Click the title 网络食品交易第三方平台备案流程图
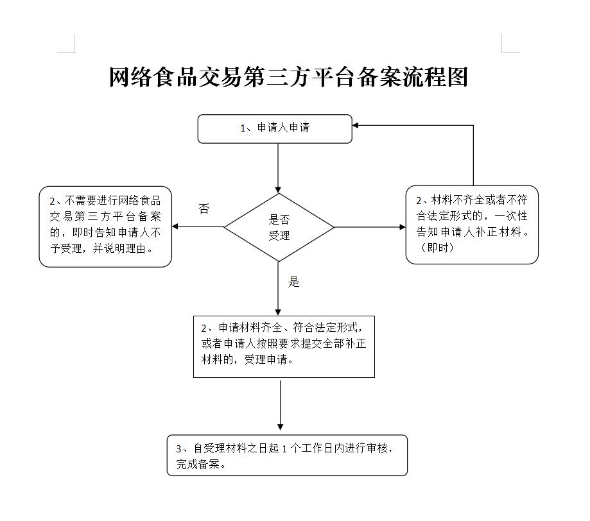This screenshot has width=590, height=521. pyautogui.click(x=289, y=77)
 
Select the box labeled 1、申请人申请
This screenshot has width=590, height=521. pyautogui.click(x=275, y=129)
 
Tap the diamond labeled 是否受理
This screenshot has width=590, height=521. pyautogui.click(x=279, y=227)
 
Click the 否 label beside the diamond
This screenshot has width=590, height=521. pyautogui.click(x=204, y=209)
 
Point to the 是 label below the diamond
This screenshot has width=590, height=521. pyautogui.click(x=293, y=282)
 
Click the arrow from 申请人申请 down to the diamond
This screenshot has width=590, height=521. pyautogui.click(x=278, y=168)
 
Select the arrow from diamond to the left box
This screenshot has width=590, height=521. pyautogui.click(x=198, y=226)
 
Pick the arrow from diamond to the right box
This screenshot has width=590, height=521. pyautogui.click(x=370, y=227)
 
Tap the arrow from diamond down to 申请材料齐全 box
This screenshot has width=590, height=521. pyautogui.click(x=278, y=289)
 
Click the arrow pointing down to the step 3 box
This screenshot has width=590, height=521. pyautogui.click(x=280, y=405)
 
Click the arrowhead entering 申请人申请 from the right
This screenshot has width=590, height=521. pyautogui.click(x=355, y=125)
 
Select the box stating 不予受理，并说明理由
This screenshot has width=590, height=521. pyautogui.click(x=105, y=226)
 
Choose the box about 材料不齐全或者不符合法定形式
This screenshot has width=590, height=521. pyautogui.click(x=472, y=225)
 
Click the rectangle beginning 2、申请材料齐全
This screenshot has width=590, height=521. pyautogui.click(x=284, y=346)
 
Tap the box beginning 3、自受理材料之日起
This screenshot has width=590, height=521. pyautogui.click(x=287, y=455)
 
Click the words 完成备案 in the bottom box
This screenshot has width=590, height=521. pyautogui.click(x=198, y=464)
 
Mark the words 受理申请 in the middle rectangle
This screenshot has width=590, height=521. pyautogui.click(x=266, y=359)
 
